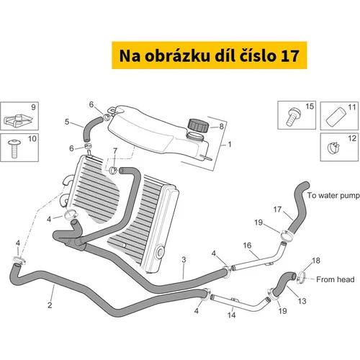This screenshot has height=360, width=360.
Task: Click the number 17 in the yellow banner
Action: click(x=290, y=55)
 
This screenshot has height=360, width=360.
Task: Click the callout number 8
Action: click(x=221, y=126)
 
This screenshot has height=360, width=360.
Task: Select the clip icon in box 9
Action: click(x=18, y=120)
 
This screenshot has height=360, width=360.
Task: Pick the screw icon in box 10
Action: click(x=14, y=148)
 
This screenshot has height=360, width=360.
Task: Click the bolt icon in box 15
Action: click(x=293, y=117)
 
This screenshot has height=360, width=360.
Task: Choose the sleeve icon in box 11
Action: click(x=336, y=117)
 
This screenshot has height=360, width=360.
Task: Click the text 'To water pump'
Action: click(x=333, y=196)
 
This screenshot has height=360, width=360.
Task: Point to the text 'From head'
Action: click(x=336, y=279)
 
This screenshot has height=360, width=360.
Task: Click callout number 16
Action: click(x=247, y=246)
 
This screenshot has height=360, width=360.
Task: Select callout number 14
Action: click(x=232, y=315)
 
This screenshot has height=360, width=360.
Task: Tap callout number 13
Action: click(x=302, y=301)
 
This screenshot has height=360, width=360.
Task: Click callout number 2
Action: click(x=50, y=305)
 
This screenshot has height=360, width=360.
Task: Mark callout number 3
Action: click(x=184, y=260)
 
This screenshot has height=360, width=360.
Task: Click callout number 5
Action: click(x=67, y=122)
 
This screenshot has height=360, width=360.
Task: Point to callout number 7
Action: click(x=115, y=150)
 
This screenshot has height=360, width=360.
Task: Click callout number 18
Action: click(x=316, y=261)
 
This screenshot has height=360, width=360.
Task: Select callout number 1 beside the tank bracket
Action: click(x=230, y=144)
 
